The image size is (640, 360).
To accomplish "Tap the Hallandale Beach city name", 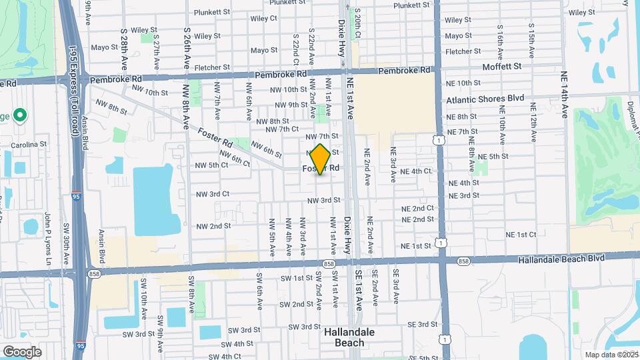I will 349,337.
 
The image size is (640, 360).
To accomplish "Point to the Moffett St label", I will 503,67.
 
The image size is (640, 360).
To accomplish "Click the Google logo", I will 22,351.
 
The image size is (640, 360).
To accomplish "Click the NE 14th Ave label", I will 564,94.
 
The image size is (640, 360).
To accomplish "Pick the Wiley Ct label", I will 264,19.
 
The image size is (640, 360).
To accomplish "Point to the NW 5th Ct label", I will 211,165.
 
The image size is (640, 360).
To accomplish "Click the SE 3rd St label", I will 421,324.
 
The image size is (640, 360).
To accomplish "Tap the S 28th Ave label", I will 125,49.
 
